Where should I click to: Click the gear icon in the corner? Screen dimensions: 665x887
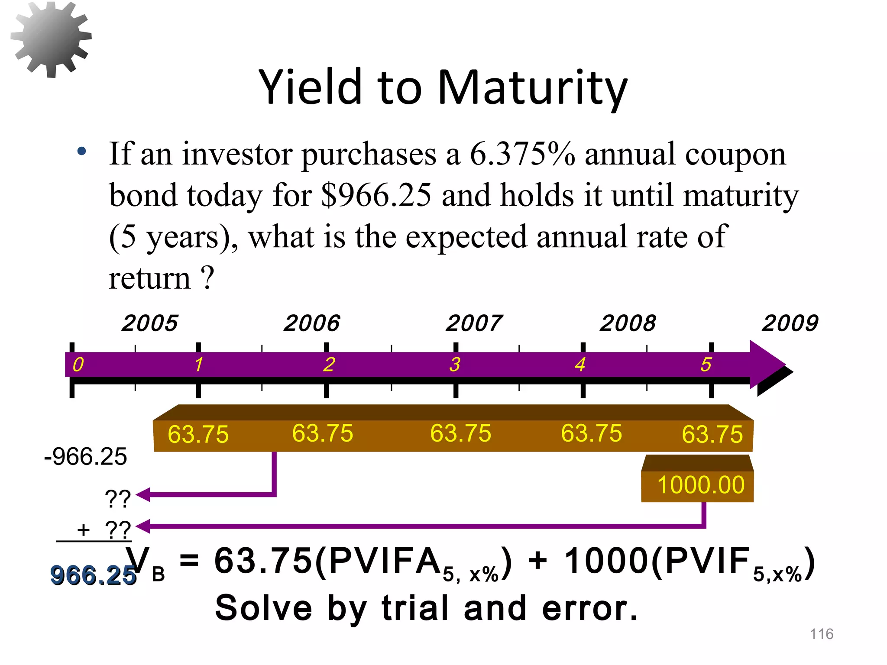tap(51, 39)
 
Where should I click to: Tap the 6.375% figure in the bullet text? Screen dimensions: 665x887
tap(522, 154)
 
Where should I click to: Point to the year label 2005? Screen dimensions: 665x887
tap(150, 323)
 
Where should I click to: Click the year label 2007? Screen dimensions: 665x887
tap(474, 323)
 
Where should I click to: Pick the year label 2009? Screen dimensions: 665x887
tap(790, 323)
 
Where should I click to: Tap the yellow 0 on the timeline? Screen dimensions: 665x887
tap(78, 365)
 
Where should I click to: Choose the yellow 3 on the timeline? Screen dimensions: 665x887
tap(454, 365)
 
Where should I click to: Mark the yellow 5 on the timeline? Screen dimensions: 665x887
tap(706, 365)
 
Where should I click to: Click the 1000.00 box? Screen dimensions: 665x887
tap(700, 485)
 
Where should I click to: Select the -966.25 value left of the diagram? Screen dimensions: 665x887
tap(86, 457)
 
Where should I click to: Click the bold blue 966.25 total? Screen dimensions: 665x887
tap(93, 575)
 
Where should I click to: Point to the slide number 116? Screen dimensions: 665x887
tap(821, 634)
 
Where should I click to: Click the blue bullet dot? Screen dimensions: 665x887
tap(81, 152)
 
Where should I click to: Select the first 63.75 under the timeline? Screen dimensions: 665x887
tap(198, 434)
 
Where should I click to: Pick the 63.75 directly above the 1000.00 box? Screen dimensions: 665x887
tap(712, 434)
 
